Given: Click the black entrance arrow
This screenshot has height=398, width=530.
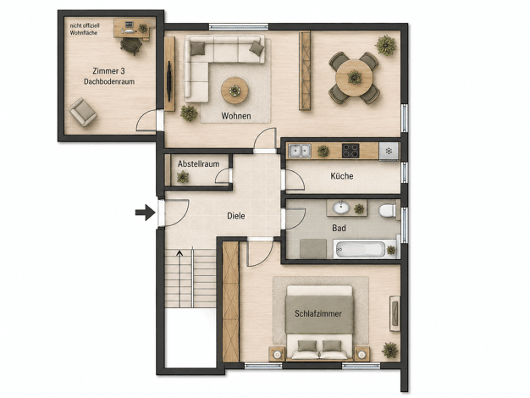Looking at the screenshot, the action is (146, 213).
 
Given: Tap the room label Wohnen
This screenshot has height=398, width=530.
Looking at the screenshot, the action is (236, 116).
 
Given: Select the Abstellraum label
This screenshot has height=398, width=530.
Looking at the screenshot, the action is (198, 164).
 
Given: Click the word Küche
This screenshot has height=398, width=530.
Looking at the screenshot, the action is (342, 176).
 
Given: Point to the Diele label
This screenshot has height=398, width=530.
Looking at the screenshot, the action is (236, 216).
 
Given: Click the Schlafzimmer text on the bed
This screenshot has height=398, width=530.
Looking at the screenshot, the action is (318, 313).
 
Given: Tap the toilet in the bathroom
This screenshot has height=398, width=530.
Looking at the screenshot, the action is (388, 211).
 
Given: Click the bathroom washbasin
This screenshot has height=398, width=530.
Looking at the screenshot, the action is (341, 207).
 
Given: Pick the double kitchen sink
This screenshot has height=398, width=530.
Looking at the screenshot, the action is (300, 151).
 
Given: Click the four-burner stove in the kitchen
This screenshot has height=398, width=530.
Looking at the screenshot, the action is (351, 151).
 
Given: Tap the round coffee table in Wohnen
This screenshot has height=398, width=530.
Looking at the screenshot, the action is (235, 91).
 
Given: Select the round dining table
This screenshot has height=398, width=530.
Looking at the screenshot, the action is (354, 78).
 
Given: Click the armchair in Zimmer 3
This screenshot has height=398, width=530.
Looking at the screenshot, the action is (83, 112).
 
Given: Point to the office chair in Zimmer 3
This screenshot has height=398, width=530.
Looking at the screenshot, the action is (131, 46).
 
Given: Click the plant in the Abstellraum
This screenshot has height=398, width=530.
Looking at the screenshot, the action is (183, 177).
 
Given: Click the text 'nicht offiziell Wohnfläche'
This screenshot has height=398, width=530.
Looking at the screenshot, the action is (85, 29).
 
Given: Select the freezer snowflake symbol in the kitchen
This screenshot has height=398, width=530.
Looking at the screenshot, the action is (389, 151).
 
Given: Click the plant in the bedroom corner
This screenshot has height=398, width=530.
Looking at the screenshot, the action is (389, 350).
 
